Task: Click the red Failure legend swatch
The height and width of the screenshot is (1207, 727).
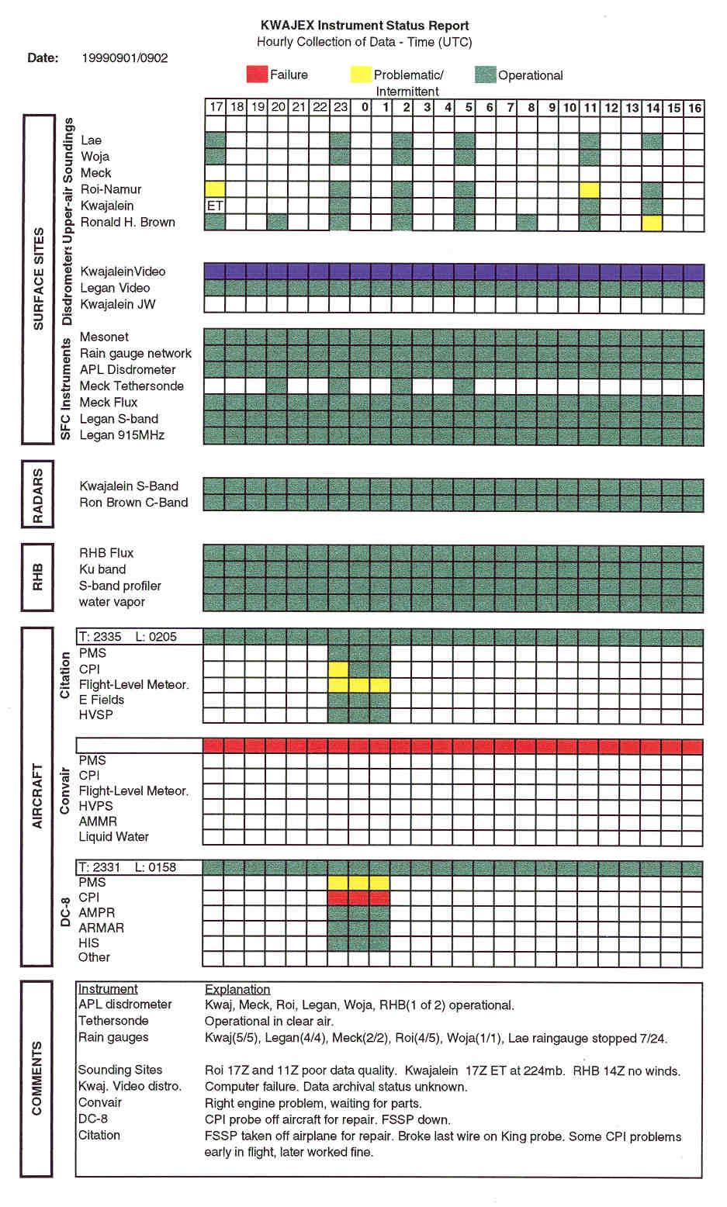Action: pyautogui.click(x=257, y=74)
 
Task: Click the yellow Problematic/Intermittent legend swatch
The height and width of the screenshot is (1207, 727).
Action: pyautogui.click(x=360, y=74)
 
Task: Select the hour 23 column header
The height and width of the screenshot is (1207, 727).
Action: pyautogui.click(x=341, y=107)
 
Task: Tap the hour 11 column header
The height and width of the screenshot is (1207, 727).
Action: pyautogui.click(x=590, y=107)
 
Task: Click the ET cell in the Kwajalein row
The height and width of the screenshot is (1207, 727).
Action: pyautogui.click(x=215, y=206)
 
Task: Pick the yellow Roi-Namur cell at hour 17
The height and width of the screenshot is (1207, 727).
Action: pyautogui.click(x=215, y=189)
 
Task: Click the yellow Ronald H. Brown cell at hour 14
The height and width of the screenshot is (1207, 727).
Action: pyautogui.click(x=653, y=223)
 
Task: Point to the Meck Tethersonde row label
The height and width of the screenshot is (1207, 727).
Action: pyautogui.click(x=132, y=386)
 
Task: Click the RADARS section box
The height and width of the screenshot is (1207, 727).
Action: pyautogui.click(x=38, y=495)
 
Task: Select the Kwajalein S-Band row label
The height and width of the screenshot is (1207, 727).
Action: pyautogui.click(x=129, y=486)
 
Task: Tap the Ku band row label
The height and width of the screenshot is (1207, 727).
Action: pyautogui.click(x=102, y=569)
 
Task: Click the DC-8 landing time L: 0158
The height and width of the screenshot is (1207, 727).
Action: pyautogui.click(x=156, y=867)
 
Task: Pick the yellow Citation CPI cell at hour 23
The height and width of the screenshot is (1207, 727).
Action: pyautogui.click(x=338, y=669)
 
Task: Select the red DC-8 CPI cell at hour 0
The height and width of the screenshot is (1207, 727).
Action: pyautogui.click(x=359, y=897)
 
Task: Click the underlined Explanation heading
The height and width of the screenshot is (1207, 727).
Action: pyautogui.click(x=237, y=989)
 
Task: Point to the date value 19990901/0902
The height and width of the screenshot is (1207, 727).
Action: pyautogui.click(x=125, y=58)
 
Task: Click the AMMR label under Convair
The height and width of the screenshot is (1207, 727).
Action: pyautogui.click(x=98, y=821)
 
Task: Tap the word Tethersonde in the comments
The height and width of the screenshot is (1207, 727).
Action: pyautogui.click(x=113, y=1021)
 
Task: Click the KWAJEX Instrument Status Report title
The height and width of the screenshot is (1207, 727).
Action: pyautogui.click(x=365, y=26)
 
